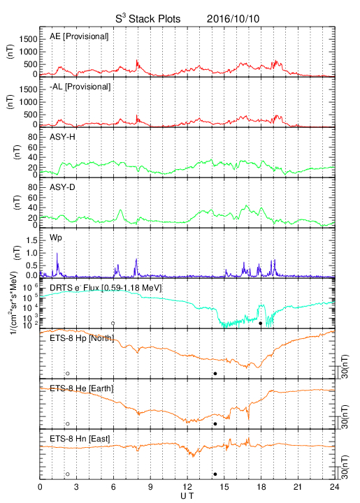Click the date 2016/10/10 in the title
[233, 19]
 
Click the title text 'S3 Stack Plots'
[148, 18]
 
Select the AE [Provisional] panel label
[79, 36]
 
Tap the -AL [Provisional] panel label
[80, 87]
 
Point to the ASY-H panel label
[62, 137]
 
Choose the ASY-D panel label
[62, 187]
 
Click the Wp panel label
[55, 238]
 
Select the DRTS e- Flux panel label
[106, 288]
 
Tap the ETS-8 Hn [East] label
[80, 439]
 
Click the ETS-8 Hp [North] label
[82, 338]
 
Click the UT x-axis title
[187, 496]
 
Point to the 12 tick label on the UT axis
[187, 487]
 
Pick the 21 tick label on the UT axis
[298, 487]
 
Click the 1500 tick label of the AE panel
[28, 39]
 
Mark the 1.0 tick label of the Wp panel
[31, 253]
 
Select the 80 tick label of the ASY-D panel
[33, 187]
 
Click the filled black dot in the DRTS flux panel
[261, 323]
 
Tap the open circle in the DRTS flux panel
[113, 323]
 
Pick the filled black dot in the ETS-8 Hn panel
[215, 474]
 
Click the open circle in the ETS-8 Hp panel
[68, 373]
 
